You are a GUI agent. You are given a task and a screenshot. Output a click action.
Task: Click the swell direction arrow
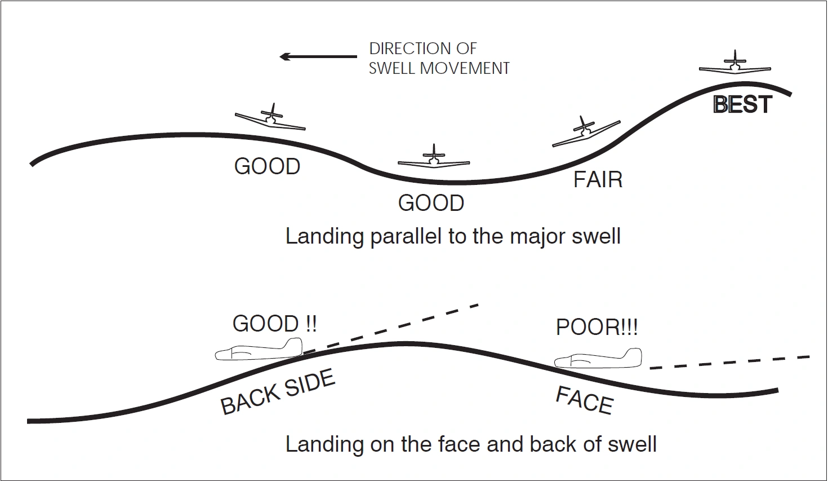tap(318, 56)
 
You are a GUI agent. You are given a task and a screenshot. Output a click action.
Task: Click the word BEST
tap(742, 105)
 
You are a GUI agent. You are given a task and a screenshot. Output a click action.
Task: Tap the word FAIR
tap(598, 180)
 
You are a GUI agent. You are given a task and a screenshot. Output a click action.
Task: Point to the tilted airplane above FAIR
tap(586, 133)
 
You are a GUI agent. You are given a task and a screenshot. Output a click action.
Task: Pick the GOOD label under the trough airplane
tap(431, 203)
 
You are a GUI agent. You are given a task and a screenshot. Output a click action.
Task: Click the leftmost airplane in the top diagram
tap(271, 117)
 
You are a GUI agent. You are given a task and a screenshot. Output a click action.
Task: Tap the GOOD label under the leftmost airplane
tap(267, 167)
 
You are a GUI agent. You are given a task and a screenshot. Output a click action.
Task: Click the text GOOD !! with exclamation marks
tap(274, 324)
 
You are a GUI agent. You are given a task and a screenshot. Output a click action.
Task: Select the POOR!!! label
tap(596, 328)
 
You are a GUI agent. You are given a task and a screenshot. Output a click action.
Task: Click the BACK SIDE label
tap(278, 393)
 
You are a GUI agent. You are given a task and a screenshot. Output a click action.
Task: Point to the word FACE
tap(584, 400)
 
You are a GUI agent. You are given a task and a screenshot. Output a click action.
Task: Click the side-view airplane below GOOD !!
tap(259, 350)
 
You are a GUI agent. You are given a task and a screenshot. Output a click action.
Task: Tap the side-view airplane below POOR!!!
tap(598, 360)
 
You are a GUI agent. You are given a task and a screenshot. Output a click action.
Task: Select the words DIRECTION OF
tap(422, 48)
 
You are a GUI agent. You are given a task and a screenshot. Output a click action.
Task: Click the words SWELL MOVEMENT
tap(439, 68)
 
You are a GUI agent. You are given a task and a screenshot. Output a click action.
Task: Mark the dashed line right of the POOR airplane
tap(729, 362)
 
